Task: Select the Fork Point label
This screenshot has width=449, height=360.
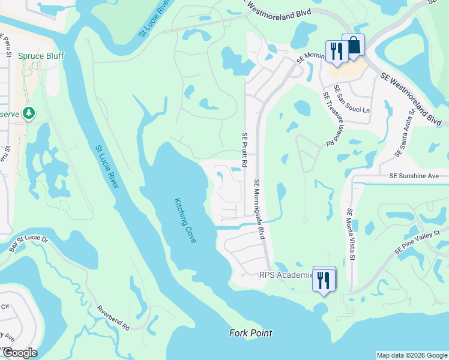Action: (x=251, y=333)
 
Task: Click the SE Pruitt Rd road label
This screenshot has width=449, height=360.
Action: (x=245, y=150)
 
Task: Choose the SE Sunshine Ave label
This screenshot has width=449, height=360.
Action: (x=414, y=176)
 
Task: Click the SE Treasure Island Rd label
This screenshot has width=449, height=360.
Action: (x=328, y=119)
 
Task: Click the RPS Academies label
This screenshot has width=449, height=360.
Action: (x=286, y=275)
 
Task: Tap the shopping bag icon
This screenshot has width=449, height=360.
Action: (x=354, y=46)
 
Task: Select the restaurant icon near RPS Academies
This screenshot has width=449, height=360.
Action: (x=324, y=278)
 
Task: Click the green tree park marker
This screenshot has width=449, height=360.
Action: (x=28, y=113)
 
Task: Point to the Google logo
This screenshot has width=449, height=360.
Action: (x=20, y=353)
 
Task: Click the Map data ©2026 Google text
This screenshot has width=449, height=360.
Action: (x=412, y=355)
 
